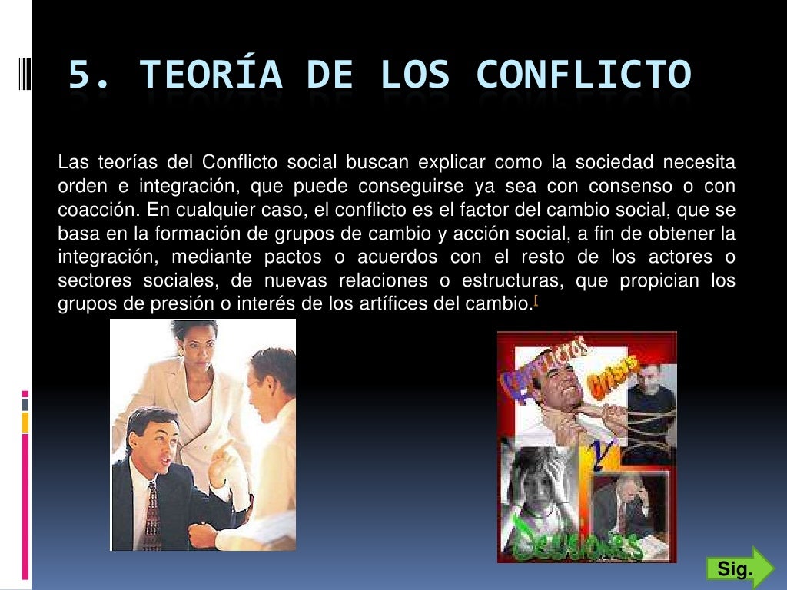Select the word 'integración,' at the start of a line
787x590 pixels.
coord(101,257)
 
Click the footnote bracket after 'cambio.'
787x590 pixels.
coord(535,302)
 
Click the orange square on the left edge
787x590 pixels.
coord(25,422)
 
